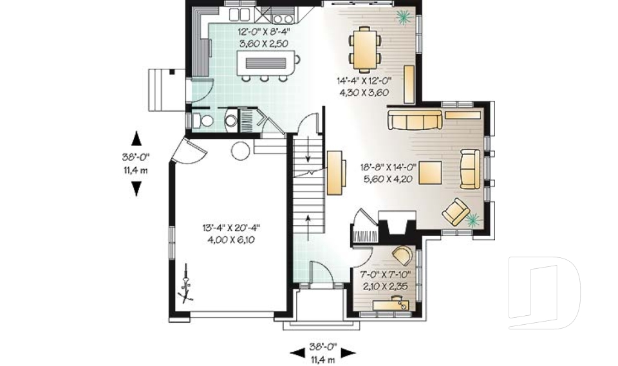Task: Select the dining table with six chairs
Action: pos(365,49)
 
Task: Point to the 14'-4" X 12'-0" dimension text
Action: pos(364,86)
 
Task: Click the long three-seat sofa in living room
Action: pos(415,120)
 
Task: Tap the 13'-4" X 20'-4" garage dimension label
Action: pos(231,232)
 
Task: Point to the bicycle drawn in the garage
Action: pos(187,283)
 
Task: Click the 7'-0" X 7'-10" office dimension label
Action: pos(385,280)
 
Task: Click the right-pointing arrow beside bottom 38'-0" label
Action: pos(348,352)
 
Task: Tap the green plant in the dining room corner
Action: pos(404,17)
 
